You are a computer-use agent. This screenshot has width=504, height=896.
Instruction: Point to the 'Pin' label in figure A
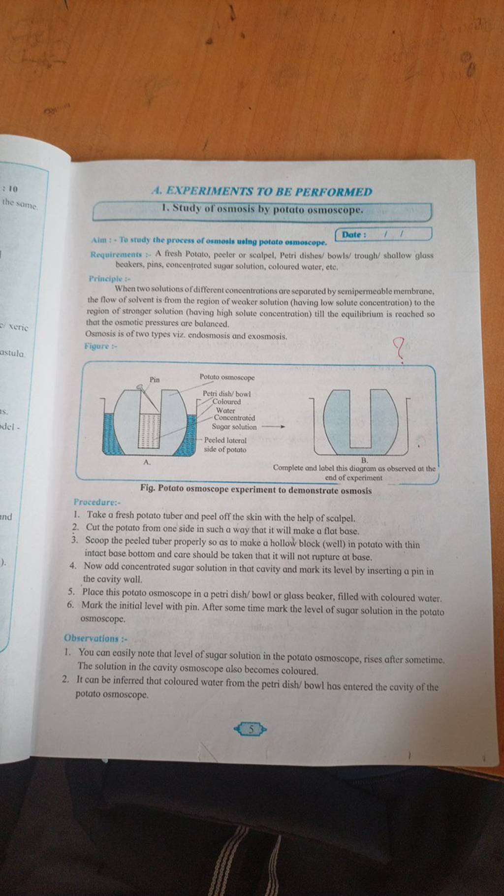click(155, 379)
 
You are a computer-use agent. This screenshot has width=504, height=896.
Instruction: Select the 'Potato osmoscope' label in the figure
click(227, 377)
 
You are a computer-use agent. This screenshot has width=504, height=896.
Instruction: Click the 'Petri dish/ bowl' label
click(227, 394)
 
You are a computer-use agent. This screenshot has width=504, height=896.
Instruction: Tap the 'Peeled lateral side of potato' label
click(225, 445)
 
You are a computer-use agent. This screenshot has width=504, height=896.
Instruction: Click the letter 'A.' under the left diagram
click(146, 462)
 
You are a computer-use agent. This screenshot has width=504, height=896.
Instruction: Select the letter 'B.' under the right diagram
click(364, 460)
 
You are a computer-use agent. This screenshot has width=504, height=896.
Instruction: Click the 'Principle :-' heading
click(101, 278)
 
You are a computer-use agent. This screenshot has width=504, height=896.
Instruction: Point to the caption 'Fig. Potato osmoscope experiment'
click(255, 490)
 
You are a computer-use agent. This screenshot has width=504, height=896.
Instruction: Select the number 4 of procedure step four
click(73, 567)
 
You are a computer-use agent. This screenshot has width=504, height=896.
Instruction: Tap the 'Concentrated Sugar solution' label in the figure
click(234, 422)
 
